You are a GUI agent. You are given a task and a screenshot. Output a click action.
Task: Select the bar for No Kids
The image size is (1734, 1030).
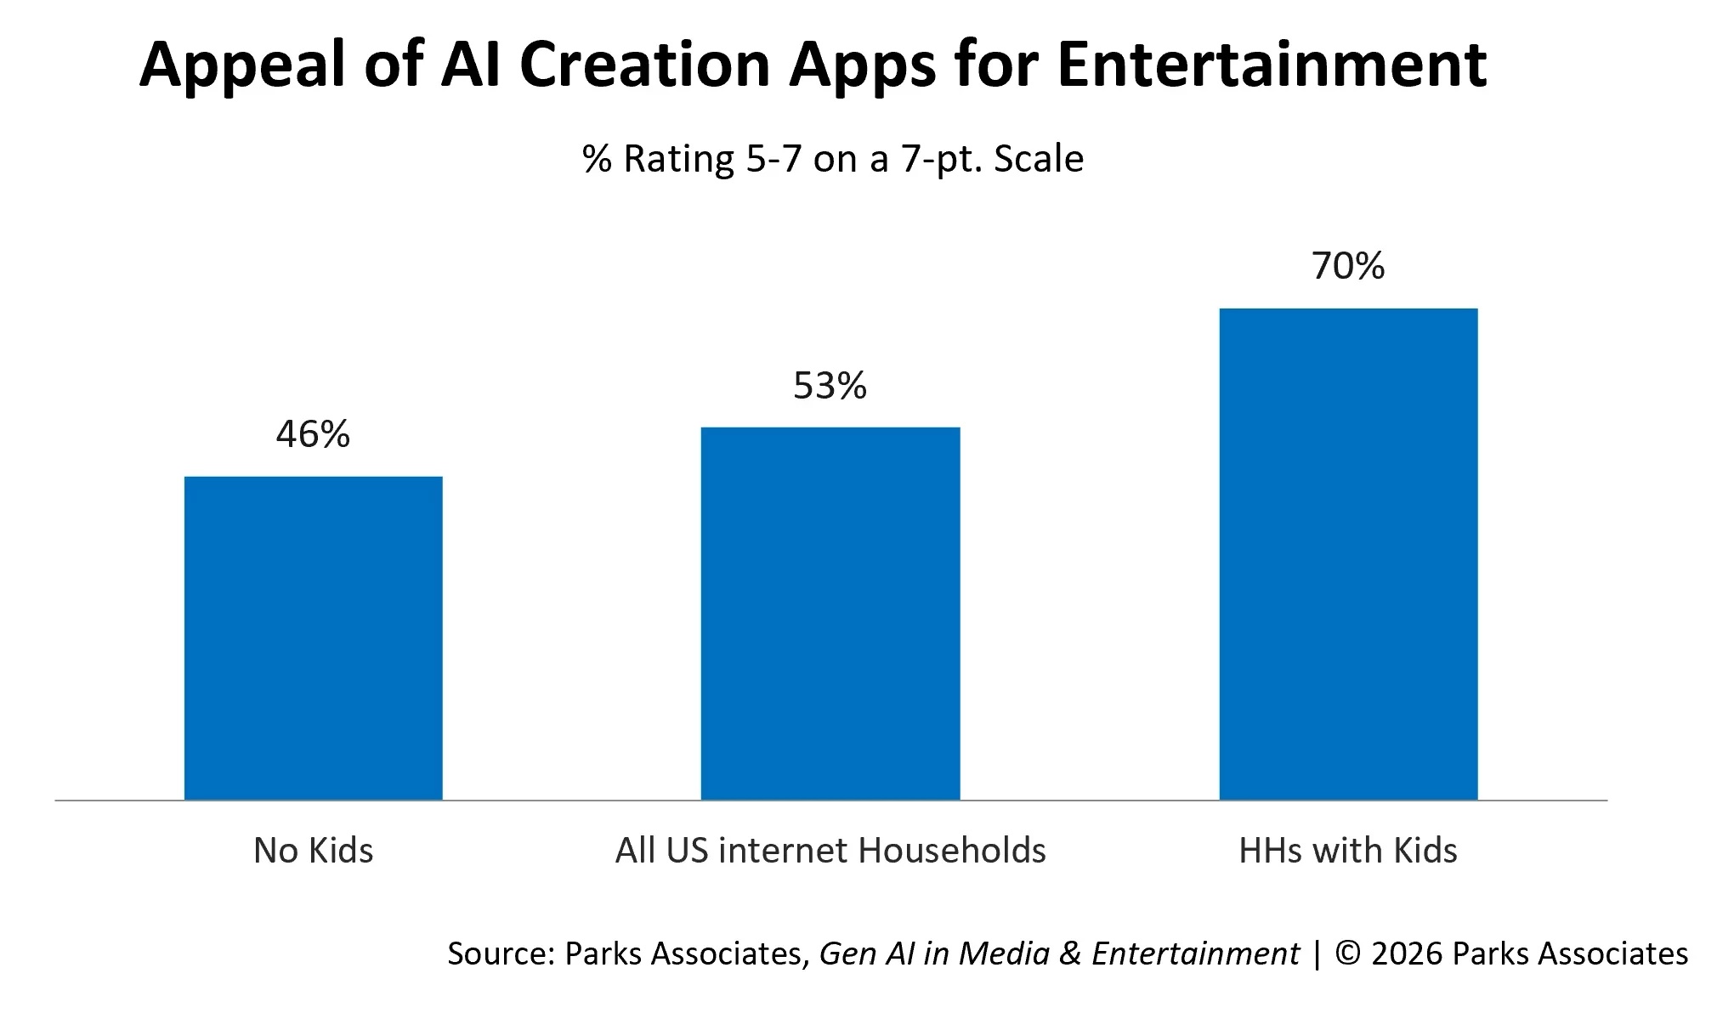(313, 637)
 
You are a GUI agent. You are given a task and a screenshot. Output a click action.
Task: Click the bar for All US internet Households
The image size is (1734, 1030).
(830, 613)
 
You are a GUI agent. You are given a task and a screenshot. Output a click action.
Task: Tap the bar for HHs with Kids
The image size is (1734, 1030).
(1348, 553)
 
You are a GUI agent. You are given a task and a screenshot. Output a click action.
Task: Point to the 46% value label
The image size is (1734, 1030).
(313, 434)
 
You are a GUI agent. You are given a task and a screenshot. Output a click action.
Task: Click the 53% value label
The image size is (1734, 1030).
(830, 386)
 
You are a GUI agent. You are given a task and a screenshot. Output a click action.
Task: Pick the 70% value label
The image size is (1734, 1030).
(1348, 266)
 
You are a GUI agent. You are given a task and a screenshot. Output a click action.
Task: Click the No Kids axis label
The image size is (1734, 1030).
(313, 850)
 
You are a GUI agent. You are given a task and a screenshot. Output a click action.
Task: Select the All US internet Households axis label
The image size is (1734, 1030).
(830, 850)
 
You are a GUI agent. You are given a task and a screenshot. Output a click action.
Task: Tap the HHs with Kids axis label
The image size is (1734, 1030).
(1348, 850)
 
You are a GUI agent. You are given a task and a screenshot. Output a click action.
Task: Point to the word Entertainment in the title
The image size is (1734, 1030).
(1272, 65)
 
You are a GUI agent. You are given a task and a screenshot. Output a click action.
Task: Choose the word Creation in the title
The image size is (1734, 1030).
(644, 65)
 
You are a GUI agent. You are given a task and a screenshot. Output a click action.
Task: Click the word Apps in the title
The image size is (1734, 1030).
(862, 66)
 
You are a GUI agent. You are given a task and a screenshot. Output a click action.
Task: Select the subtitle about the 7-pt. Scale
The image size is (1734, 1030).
(833, 159)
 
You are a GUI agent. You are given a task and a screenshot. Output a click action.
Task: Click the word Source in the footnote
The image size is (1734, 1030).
(501, 954)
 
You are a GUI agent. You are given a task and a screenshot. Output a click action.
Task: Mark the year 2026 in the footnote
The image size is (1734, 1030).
(1408, 954)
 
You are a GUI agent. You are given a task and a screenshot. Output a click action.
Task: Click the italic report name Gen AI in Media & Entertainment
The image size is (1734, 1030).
(1059, 954)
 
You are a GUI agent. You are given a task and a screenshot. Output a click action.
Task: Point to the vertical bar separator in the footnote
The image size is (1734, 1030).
(1317, 954)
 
